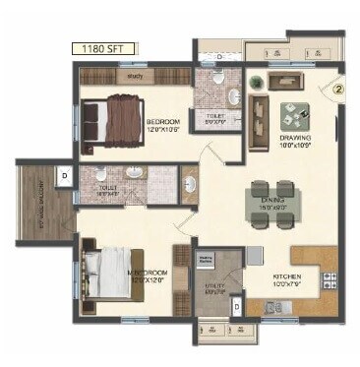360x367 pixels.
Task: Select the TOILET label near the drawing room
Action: [216, 117]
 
